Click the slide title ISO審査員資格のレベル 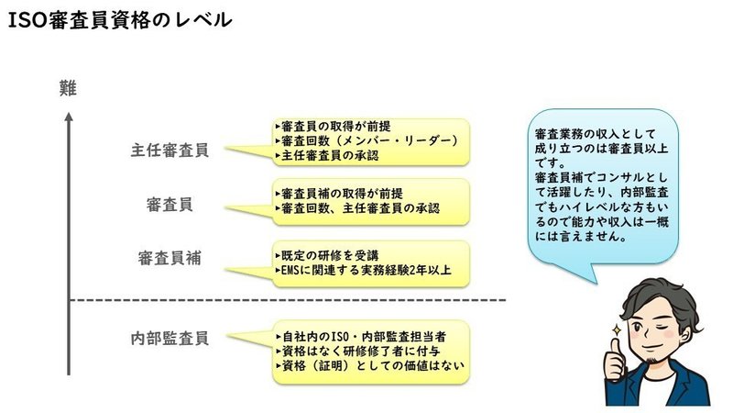[120, 20]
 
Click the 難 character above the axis [68, 88]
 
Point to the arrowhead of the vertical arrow [69, 117]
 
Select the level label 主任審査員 [170, 151]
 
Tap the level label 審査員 [170, 205]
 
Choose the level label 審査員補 [170, 258]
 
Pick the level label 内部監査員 [170, 338]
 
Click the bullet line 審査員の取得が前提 [334, 127]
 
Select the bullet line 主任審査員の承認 [327, 155]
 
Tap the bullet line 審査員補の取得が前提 [339, 194]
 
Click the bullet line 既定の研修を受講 [327, 256]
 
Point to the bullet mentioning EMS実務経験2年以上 [364, 270]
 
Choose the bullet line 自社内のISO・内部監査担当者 [361, 337]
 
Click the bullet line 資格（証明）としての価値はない [370, 365]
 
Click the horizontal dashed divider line [288, 300]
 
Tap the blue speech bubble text [602, 185]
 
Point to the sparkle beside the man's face [617, 330]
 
